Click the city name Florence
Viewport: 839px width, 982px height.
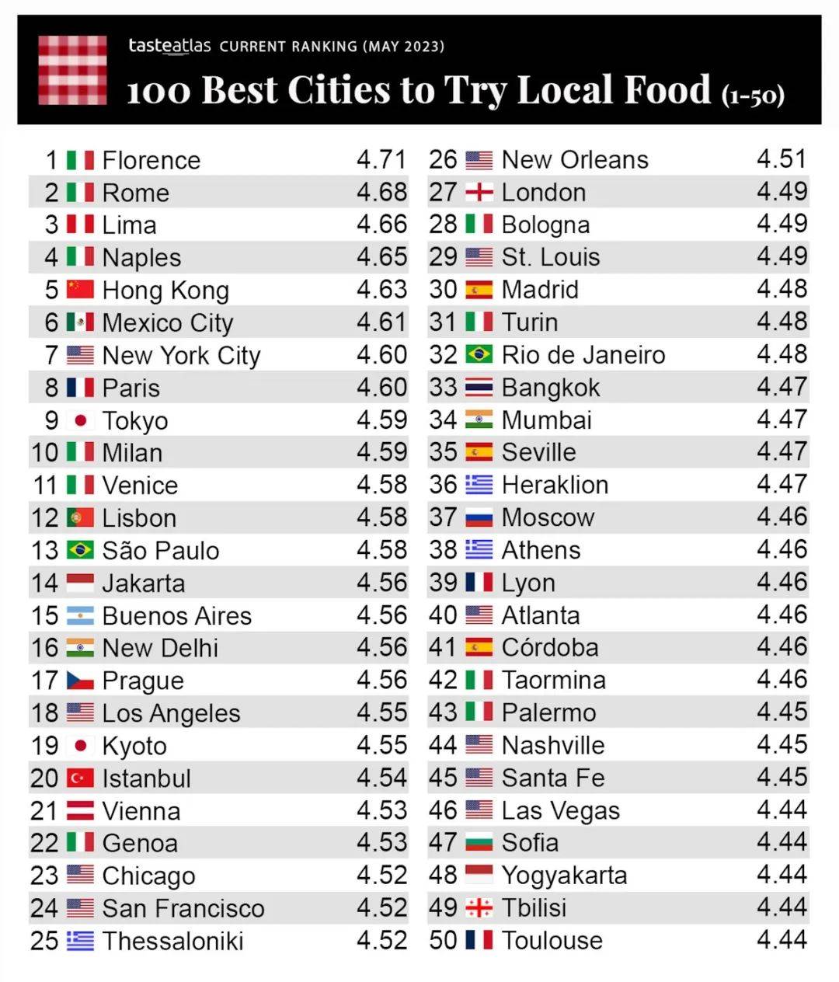pos(151,160)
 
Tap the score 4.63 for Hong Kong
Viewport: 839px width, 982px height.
pos(381,290)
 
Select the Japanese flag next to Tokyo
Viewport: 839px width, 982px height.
pos(80,420)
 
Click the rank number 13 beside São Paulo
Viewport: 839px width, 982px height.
pos(44,550)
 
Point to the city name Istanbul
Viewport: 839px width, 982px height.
pos(147,778)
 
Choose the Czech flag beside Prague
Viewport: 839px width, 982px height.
pos(80,681)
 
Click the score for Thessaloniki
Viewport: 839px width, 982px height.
pos(381,940)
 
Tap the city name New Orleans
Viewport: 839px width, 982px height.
pos(575,159)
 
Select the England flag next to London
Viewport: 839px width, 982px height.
pos(479,192)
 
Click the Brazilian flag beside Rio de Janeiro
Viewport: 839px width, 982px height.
pos(479,354)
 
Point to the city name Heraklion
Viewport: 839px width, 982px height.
pos(555,485)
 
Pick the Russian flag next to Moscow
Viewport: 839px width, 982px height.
pos(479,517)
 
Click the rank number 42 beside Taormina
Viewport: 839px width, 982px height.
pos(443,680)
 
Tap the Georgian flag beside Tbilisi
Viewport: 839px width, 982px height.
pos(479,907)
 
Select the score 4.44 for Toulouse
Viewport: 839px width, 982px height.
pos(782,940)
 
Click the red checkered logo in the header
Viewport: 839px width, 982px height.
pos(72,70)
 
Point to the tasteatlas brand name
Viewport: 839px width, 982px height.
pos(169,46)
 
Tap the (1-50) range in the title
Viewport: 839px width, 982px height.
pos(753,95)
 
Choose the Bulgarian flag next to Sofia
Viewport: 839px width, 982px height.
pos(479,842)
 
